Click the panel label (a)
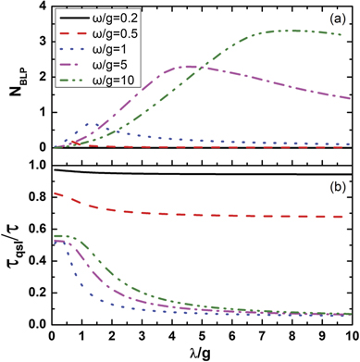point(330,19)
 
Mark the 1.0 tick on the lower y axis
point(35,165)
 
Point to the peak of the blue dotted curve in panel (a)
point(91,123)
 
